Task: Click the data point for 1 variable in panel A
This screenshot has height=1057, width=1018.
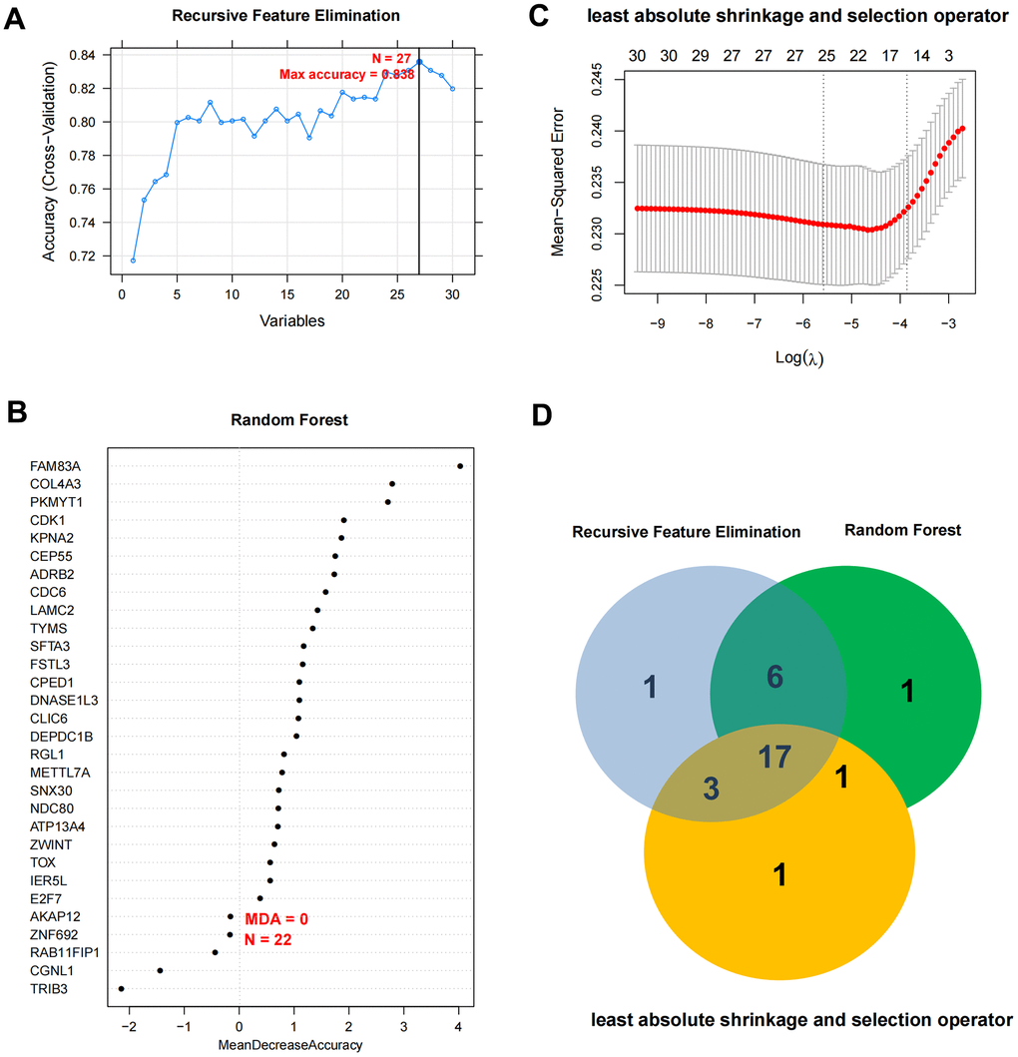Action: tap(133, 260)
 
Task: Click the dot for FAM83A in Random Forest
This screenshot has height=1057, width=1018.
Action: tap(459, 466)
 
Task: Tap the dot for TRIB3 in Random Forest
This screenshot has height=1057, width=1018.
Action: tap(122, 989)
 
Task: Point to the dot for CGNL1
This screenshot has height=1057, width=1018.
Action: tap(160, 970)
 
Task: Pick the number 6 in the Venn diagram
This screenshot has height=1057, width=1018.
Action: tap(774, 677)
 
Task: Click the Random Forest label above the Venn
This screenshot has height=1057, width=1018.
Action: tap(902, 530)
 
